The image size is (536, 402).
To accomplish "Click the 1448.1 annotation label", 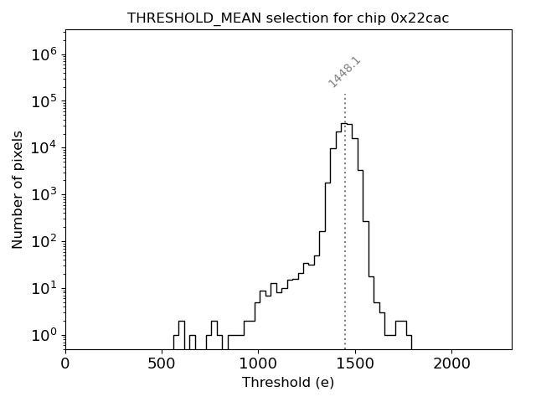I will [344, 72].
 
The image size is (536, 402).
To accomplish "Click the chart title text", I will [288, 18].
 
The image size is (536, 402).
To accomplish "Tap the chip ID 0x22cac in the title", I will [420, 18].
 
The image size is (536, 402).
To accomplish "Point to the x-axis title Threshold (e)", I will [288, 383].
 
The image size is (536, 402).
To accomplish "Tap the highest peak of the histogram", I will [344, 123].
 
